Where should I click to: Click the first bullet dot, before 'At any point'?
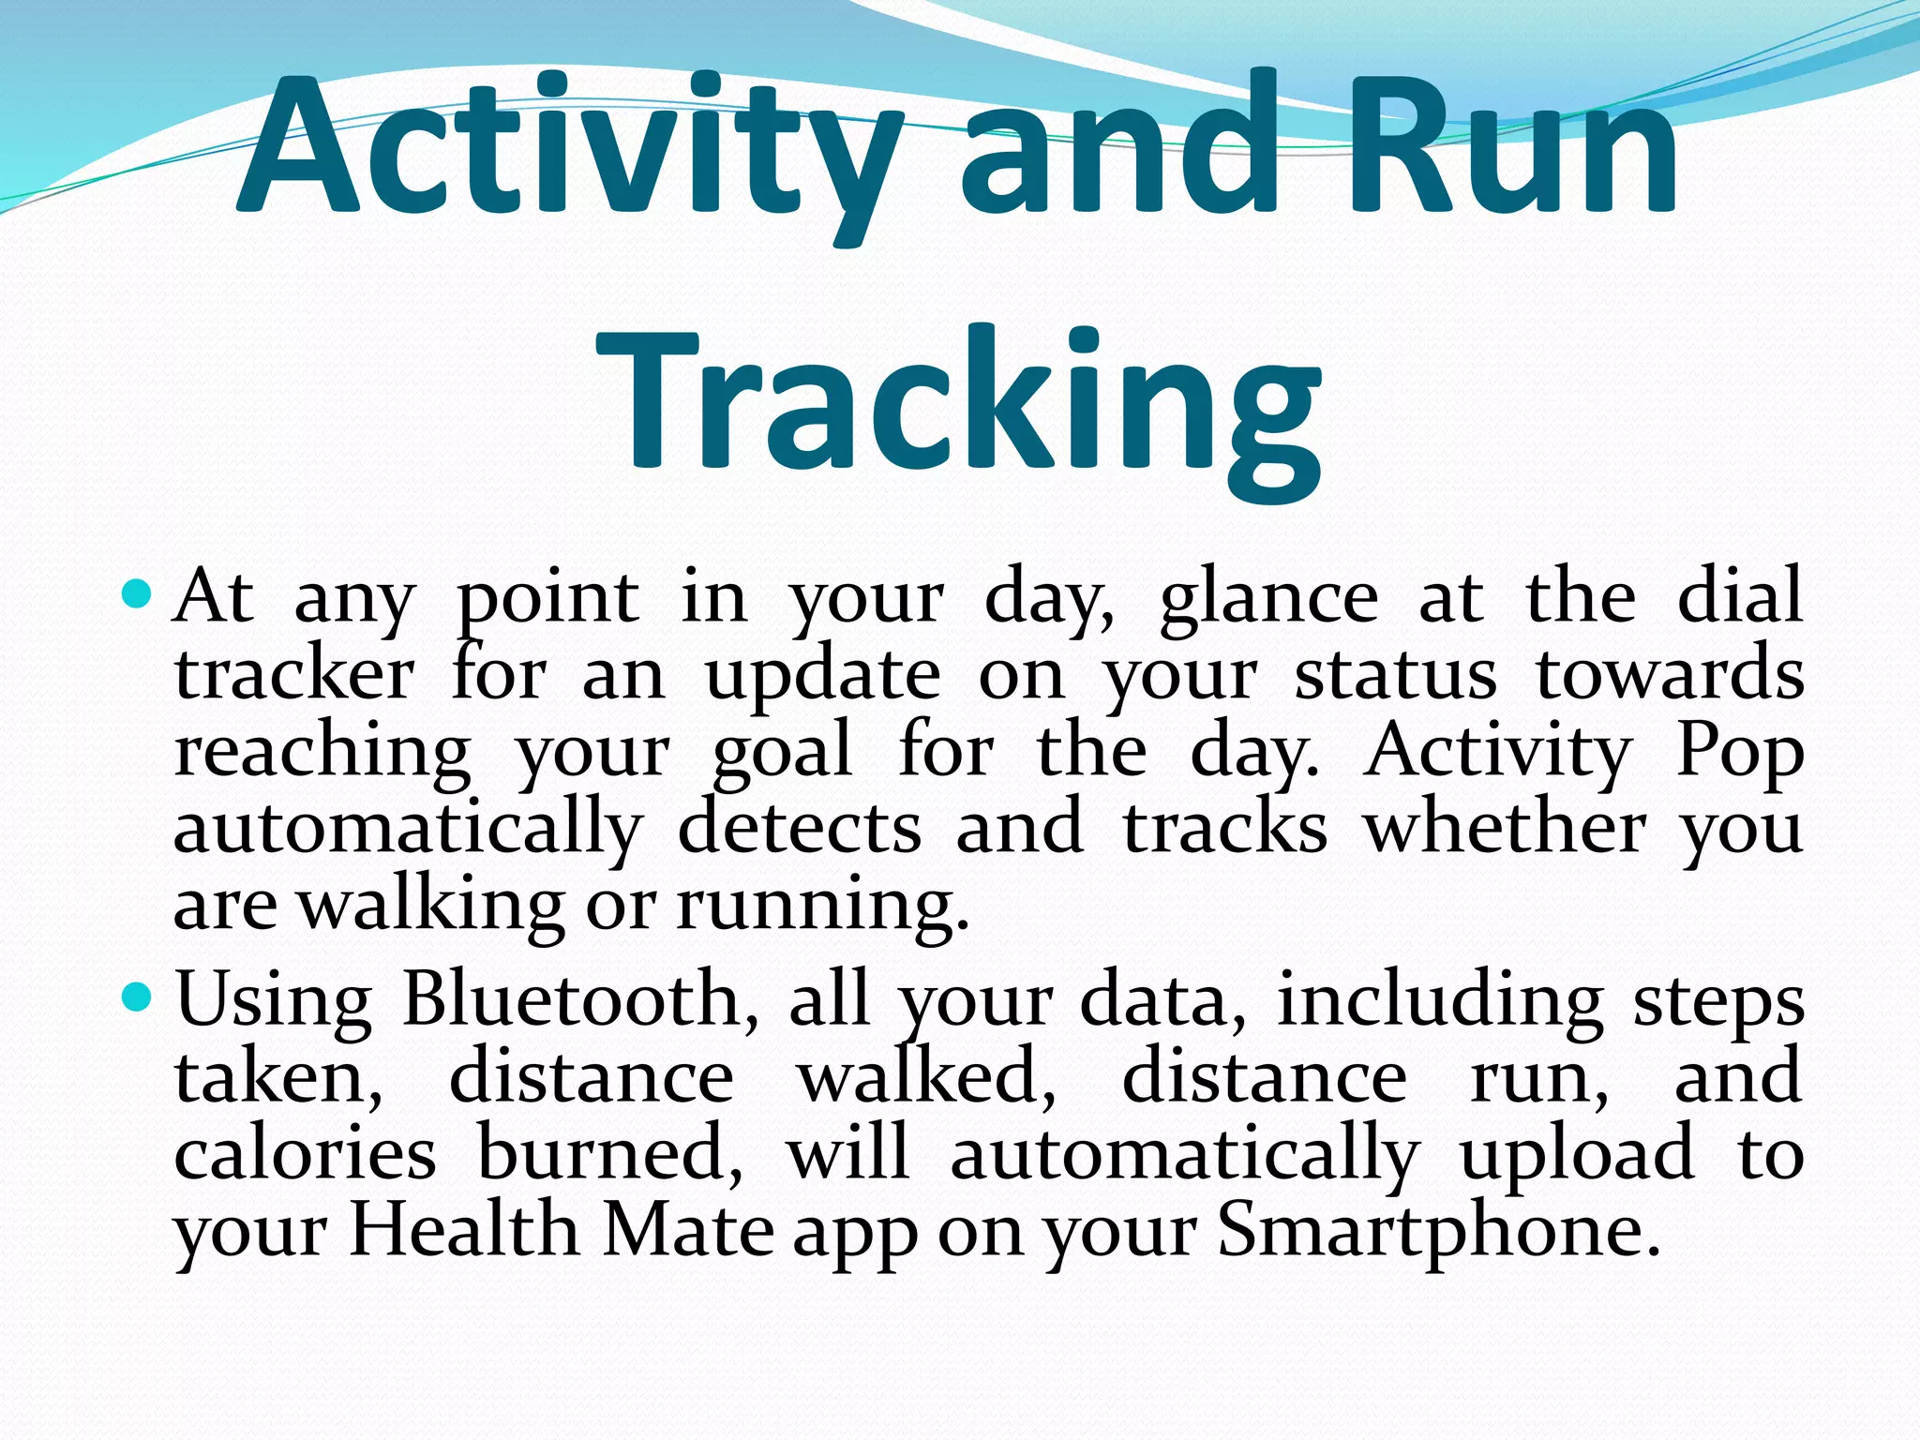pyautogui.click(x=137, y=593)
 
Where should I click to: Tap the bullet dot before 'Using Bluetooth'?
pyautogui.click(x=137, y=997)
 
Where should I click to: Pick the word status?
pyautogui.click(x=1396, y=675)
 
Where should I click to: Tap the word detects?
pyautogui.click(x=800, y=829)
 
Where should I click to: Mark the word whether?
pyautogui.click(x=1505, y=829)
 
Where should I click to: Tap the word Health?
pyautogui.click(x=464, y=1230)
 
